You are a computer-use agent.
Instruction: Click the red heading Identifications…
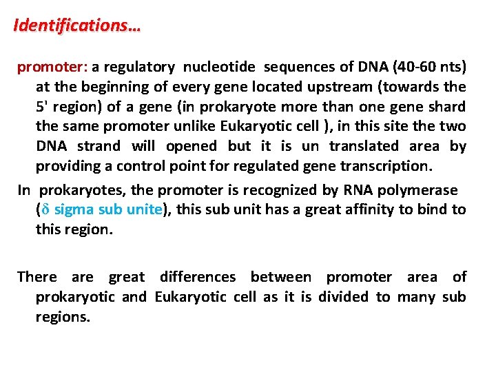tap(76, 26)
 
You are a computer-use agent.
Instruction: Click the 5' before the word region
tap(42, 107)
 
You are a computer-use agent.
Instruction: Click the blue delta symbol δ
tap(45, 209)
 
